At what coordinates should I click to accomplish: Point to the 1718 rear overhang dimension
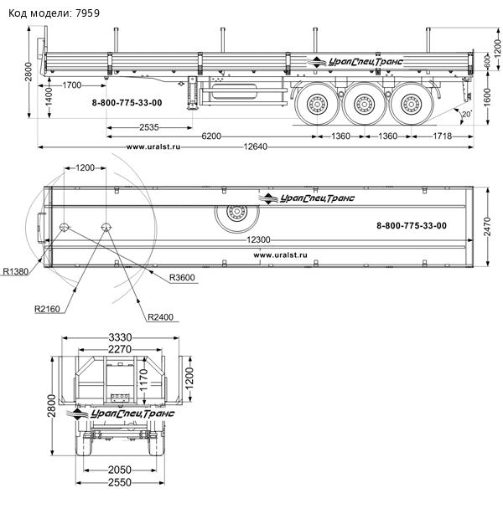point(443,136)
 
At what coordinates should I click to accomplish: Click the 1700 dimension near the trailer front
point(72,85)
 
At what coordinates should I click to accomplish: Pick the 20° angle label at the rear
point(466,113)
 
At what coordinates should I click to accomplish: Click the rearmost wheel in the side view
point(411,105)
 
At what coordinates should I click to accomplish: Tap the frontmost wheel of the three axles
point(318,105)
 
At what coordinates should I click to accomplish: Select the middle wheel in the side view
point(364,105)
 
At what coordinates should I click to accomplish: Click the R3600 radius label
point(183,277)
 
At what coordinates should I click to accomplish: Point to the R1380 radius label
point(16,271)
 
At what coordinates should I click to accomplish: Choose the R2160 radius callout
point(49,309)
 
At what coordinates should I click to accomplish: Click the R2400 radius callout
point(160,317)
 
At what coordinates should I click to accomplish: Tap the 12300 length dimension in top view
point(261,240)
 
